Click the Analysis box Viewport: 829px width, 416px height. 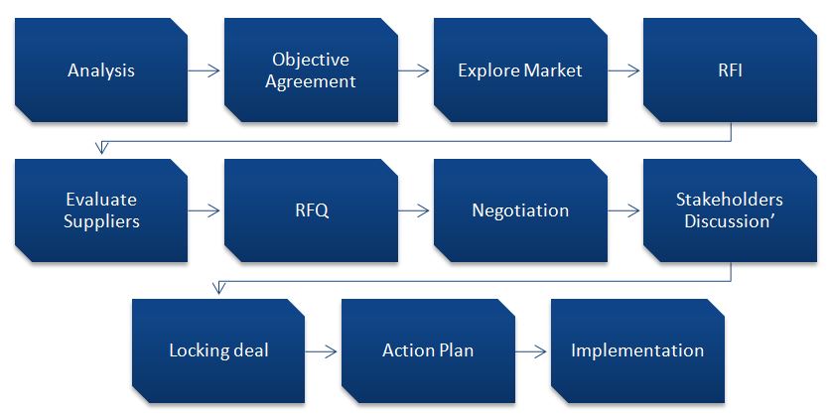pyautogui.click(x=101, y=71)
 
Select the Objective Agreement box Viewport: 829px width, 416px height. pyautogui.click(x=311, y=71)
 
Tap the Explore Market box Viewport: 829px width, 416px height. pyautogui.click(x=519, y=71)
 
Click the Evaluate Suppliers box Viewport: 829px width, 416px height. pyautogui.click(x=101, y=211)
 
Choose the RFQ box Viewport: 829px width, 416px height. pyautogui.click(x=311, y=211)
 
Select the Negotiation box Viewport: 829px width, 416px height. pyautogui.click(x=519, y=211)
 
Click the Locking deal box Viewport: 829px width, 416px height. pyautogui.click(x=218, y=351)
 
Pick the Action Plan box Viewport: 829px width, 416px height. pyautogui.click(x=428, y=351)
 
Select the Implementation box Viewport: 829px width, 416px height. pyautogui.click(x=637, y=351)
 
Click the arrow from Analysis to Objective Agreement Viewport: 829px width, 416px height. pyautogui.click(x=206, y=71)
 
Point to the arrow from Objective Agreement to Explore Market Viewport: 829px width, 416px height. pyautogui.click(x=415, y=71)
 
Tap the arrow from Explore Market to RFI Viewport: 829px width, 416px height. pyautogui.click(x=624, y=71)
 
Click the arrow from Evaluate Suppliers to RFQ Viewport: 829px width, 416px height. pyautogui.click(x=206, y=211)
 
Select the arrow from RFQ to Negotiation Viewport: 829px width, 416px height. pyautogui.click(x=415, y=211)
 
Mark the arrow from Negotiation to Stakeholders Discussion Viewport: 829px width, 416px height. pyautogui.click(x=624, y=211)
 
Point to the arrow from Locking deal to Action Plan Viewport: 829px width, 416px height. pyautogui.click(x=323, y=351)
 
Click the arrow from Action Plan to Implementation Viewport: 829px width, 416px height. pyautogui.click(x=532, y=351)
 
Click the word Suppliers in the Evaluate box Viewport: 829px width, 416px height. pyautogui.click(x=101, y=221)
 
